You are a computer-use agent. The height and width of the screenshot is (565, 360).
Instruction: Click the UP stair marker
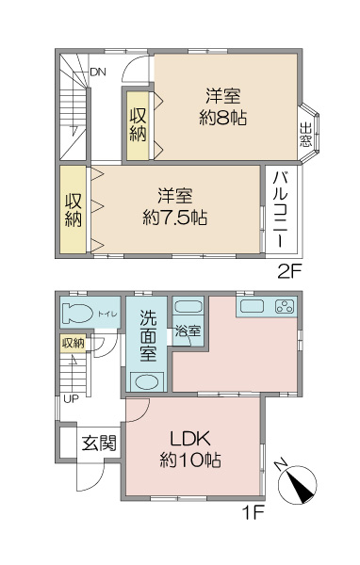pyautogui.click(x=71, y=398)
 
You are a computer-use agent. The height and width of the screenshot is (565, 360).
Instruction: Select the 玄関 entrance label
pyautogui.click(x=98, y=443)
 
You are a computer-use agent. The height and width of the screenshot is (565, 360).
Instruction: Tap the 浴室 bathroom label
pyautogui.click(x=188, y=331)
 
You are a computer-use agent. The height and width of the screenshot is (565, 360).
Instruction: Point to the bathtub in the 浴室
pyautogui.click(x=187, y=307)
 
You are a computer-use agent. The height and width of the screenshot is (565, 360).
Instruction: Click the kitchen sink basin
pyautogui.click(x=252, y=306)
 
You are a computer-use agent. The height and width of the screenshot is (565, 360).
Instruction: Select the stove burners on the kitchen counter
pyautogui.click(x=284, y=306)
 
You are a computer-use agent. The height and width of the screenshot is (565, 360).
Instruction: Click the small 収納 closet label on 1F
pyautogui.click(x=74, y=344)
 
